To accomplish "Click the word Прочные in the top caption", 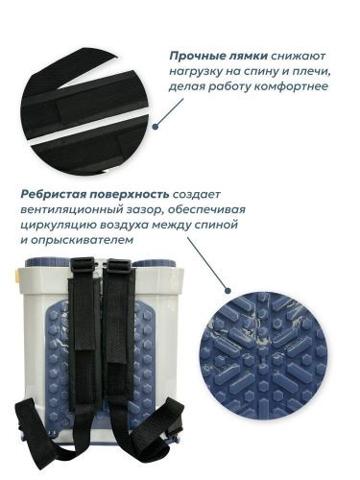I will pyautogui.click(x=201, y=56).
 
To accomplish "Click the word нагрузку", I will pyautogui.click(x=196, y=71).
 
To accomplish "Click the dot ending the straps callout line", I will pyautogui.click(x=155, y=122).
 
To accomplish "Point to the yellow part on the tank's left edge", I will pyautogui.click(x=6, y=275).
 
